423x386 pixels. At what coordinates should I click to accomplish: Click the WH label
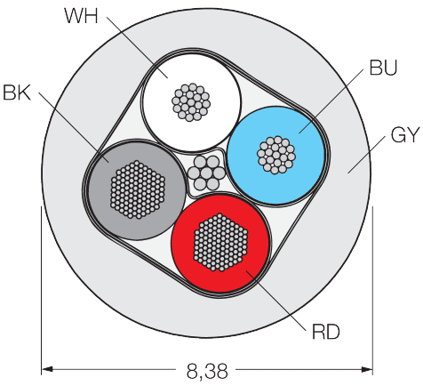(81, 16)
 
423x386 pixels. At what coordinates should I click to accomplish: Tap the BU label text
(383, 68)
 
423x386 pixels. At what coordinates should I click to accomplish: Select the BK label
(17, 92)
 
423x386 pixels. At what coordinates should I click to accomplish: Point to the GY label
(405, 135)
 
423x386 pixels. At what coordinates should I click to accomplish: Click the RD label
(326, 332)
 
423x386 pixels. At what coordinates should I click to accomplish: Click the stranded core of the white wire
(191, 102)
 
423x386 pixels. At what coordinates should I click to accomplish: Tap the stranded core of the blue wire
(276, 155)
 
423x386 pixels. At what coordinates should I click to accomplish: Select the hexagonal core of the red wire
(220, 242)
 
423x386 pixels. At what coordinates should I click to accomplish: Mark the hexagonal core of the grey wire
(138, 189)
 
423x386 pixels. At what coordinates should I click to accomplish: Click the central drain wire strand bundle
(206, 173)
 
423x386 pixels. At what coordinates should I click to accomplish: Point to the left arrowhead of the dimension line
(47, 369)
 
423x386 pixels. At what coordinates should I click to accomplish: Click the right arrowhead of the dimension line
(367, 369)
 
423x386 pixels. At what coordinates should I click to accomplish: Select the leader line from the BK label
(74, 127)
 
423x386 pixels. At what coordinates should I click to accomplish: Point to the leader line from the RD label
(275, 300)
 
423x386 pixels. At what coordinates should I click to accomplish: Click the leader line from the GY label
(367, 155)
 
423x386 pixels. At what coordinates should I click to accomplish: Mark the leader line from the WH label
(138, 47)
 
